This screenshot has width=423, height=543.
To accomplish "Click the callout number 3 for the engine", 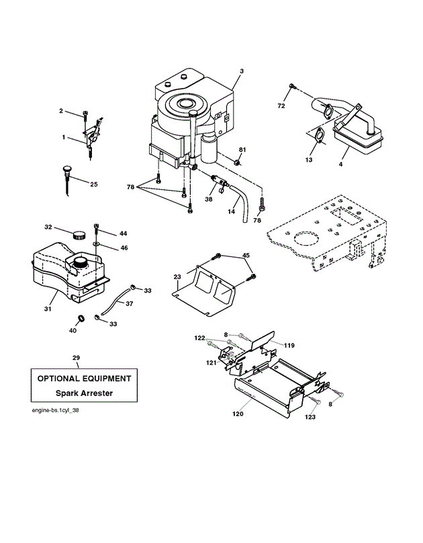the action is tap(242, 71).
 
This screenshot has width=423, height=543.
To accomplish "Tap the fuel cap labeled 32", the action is tap(80, 236).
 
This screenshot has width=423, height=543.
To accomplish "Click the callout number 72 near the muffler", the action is tap(281, 106).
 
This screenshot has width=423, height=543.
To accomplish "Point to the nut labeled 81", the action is tap(236, 162).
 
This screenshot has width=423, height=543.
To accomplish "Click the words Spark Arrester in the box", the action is tap(84, 393).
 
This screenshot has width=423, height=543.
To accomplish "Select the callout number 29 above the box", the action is tap(77, 358).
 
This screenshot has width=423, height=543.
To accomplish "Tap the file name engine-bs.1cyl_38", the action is tap(56, 410).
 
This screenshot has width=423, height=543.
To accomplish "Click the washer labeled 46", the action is tap(96, 244).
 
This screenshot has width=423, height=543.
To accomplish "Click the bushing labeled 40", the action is tap(82, 317).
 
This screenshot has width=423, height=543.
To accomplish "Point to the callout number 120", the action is tap(238, 413).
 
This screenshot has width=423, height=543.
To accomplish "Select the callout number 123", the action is tap(310, 417).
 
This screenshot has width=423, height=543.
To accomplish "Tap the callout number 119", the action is tap(289, 345).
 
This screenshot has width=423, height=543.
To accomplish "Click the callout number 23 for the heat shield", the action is tap(177, 277).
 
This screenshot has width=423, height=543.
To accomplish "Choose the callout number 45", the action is tap(246, 256).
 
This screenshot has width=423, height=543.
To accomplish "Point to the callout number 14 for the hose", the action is tap(231, 211).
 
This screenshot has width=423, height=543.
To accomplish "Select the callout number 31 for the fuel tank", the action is tap(48, 309).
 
